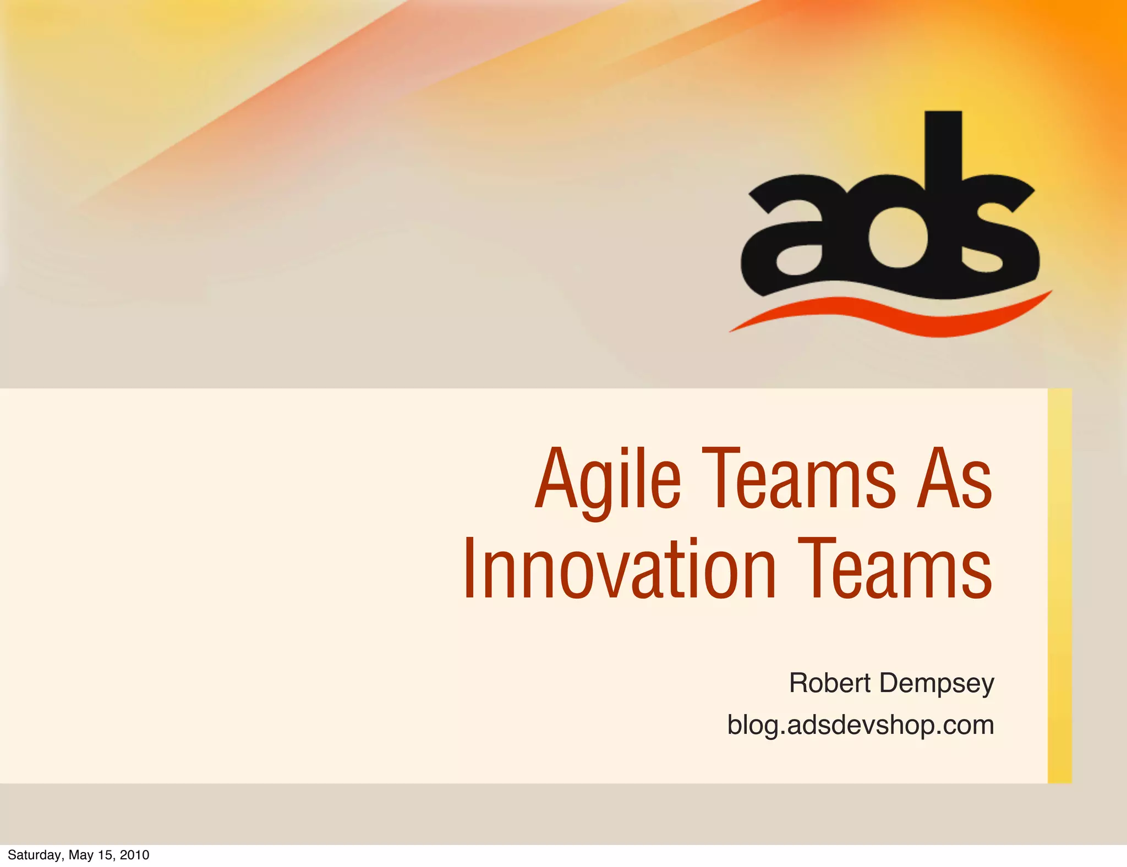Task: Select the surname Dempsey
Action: (937, 684)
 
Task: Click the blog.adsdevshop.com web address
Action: (860, 725)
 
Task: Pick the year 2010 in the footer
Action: (134, 855)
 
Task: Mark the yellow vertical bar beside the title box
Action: (1059, 585)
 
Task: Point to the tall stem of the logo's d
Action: (943, 149)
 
